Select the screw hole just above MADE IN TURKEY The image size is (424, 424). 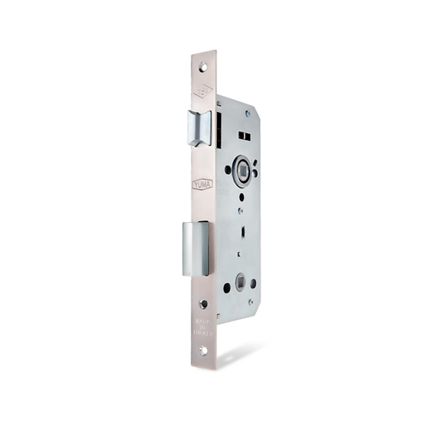204,303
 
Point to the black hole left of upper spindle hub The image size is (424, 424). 227,169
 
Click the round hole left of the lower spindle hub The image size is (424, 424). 227,287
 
